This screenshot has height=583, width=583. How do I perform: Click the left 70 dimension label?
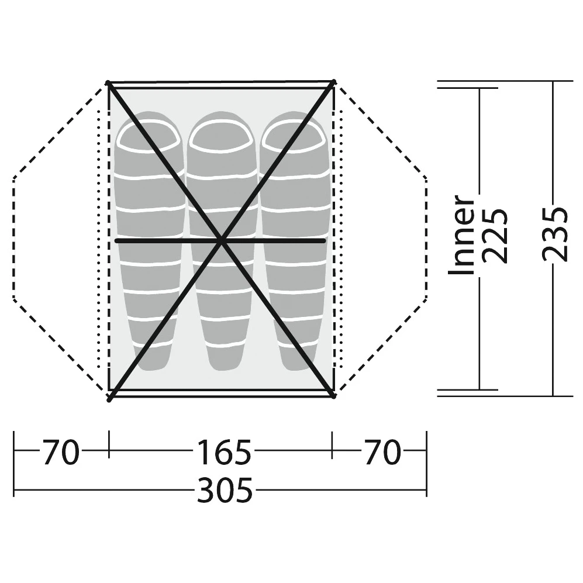click(61, 452)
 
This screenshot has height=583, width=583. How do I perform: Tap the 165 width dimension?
click(224, 452)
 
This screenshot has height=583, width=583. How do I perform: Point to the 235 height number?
click(555, 234)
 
